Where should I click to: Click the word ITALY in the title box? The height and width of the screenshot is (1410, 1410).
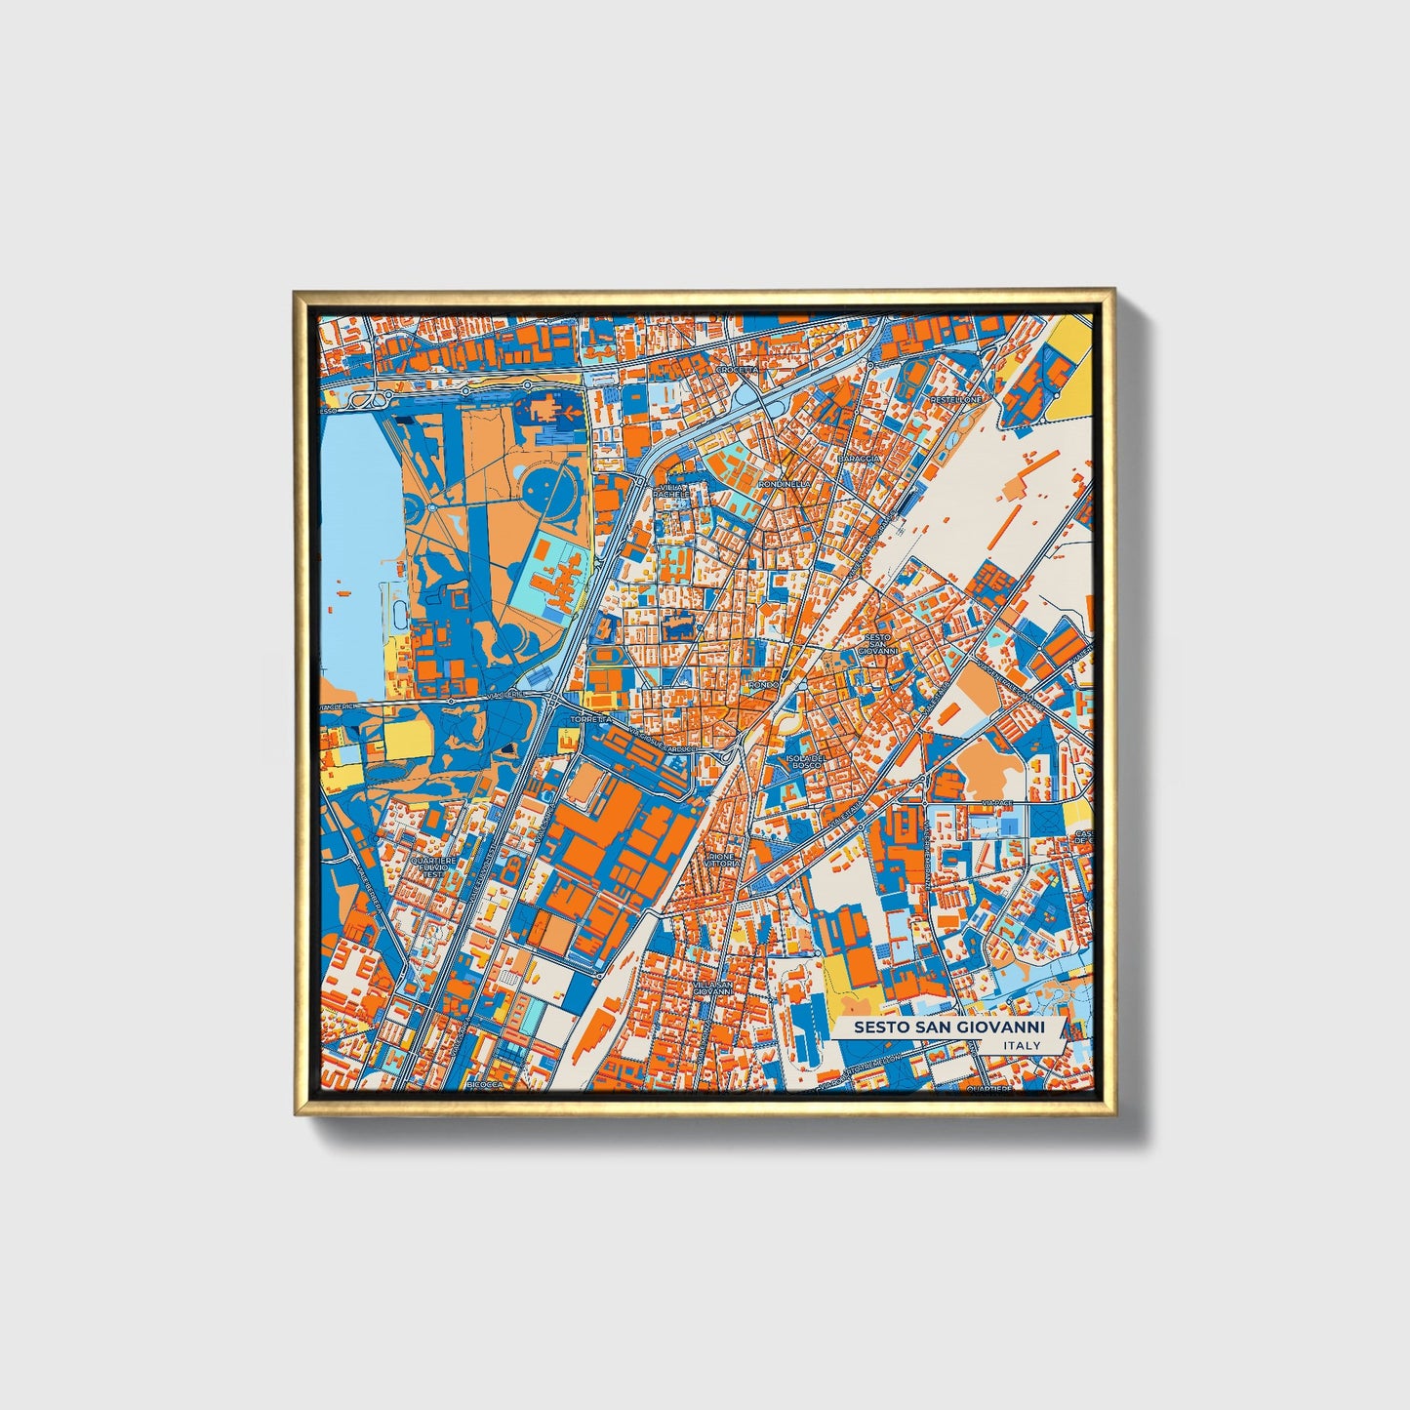click(x=1021, y=1045)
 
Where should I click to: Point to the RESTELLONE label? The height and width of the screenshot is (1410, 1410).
click(x=955, y=400)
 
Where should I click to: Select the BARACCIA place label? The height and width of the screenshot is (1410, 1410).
click(x=859, y=458)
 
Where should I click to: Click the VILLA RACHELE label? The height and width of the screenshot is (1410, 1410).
click(x=671, y=491)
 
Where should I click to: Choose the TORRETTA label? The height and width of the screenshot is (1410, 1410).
click(x=591, y=718)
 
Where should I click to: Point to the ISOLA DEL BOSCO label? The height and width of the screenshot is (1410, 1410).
click(x=807, y=761)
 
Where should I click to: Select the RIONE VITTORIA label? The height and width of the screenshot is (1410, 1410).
click(x=723, y=860)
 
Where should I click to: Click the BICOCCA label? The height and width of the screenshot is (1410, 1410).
click(x=483, y=1084)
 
